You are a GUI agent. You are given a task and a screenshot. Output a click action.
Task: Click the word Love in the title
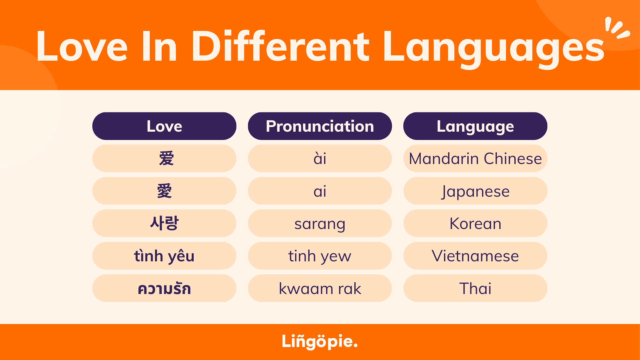82,47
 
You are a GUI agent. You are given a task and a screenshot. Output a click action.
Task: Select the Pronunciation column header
320,126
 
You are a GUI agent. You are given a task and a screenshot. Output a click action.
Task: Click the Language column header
475,126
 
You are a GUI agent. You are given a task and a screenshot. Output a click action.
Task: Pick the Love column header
164,126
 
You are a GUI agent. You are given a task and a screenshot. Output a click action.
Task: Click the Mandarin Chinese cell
475,159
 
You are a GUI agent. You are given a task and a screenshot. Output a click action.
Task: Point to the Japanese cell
475,191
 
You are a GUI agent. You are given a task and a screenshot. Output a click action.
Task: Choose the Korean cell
475,223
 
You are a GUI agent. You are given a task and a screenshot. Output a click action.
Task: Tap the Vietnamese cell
475,256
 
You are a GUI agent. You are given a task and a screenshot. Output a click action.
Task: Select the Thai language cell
475,288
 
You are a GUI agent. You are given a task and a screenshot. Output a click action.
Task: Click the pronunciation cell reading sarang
320,223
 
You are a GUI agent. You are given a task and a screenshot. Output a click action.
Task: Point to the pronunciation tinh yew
320,256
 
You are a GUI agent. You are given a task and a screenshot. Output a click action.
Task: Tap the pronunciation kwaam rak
320,288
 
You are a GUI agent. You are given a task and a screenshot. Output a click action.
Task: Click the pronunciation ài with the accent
320,159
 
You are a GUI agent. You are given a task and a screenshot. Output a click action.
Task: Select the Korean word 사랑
164,223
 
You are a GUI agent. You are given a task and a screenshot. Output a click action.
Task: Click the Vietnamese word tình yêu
164,256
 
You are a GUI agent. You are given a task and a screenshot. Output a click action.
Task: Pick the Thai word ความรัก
164,288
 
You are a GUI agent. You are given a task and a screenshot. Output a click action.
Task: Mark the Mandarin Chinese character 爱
166,158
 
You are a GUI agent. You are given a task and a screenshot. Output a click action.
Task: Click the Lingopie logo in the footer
319,341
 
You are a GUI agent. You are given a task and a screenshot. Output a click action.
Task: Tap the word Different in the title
280,47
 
